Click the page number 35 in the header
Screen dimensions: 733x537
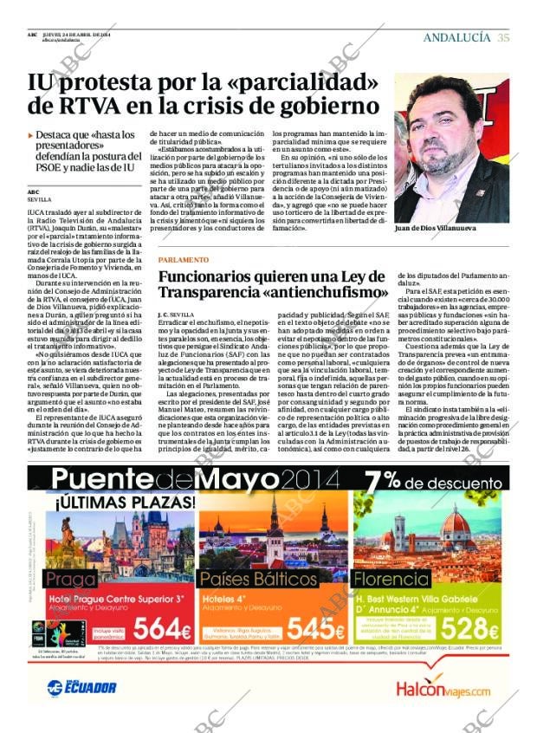[x=503, y=37]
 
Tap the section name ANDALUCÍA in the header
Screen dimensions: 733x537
[x=457, y=37]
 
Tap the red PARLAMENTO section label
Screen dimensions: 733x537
[x=183, y=260]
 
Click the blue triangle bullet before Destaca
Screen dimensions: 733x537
[x=30, y=136]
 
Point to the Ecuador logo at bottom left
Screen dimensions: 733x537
[x=82, y=687]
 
